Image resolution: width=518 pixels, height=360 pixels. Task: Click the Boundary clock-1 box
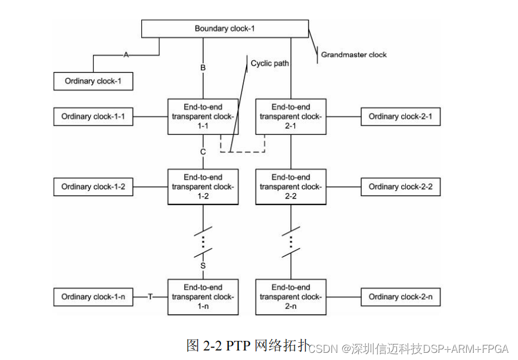pyautogui.click(x=225, y=29)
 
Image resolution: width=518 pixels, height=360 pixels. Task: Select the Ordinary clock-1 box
pyautogui.click(x=92, y=81)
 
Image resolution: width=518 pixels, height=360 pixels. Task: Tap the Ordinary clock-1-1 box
pyautogui.click(x=92, y=117)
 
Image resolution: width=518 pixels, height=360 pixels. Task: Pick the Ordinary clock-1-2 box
pyautogui.click(x=92, y=187)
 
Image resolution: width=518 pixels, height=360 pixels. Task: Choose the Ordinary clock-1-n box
pyautogui.click(x=92, y=297)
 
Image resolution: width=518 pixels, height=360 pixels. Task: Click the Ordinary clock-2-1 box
pyautogui.click(x=401, y=117)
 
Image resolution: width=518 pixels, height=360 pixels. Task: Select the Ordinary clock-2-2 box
pyautogui.click(x=401, y=187)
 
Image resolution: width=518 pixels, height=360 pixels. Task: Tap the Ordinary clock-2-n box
pyautogui.click(x=401, y=297)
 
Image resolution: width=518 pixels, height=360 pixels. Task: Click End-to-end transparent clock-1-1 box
pyautogui.click(x=203, y=117)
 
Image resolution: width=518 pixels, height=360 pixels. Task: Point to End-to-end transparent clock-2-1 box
pyautogui.click(x=291, y=117)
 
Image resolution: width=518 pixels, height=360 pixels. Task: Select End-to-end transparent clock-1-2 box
pyautogui.click(x=203, y=187)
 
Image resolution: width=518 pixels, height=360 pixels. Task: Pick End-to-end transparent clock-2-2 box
pyautogui.click(x=291, y=187)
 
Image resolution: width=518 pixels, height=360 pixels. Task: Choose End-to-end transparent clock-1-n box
pyautogui.click(x=203, y=297)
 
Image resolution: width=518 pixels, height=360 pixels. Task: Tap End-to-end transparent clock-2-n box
pyautogui.click(x=291, y=297)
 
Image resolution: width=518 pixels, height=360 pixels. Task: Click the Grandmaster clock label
pyautogui.click(x=353, y=55)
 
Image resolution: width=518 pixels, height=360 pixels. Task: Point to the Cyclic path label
pyautogui.click(x=269, y=63)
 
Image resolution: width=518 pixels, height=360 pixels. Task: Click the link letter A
pyautogui.click(x=126, y=55)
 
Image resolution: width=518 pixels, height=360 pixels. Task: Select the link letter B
pyautogui.click(x=203, y=68)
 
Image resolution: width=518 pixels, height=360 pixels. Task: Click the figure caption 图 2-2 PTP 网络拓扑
pyautogui.click(x=247, y=346)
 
